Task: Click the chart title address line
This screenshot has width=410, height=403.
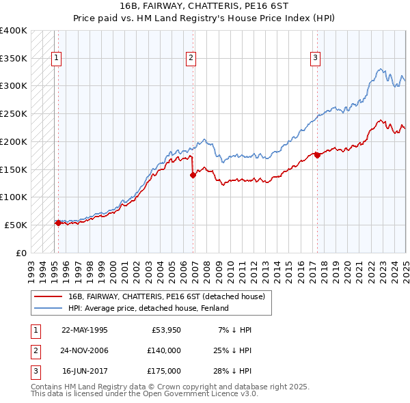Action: [x=204, y=9]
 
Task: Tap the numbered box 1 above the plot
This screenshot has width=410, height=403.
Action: [x=55, y=58]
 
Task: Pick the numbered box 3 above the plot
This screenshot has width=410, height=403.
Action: [x=315, y=58]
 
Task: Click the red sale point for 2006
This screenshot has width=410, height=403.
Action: [x=193, y=175]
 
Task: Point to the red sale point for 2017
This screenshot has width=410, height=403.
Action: [x=317, y=155]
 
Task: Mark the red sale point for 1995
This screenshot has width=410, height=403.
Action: [x=58, y=223]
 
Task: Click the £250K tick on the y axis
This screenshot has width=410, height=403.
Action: [x=14, y=113]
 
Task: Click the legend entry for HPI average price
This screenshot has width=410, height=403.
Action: [x=148, y=308]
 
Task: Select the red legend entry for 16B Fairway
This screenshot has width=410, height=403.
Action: [x=170, y=296]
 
